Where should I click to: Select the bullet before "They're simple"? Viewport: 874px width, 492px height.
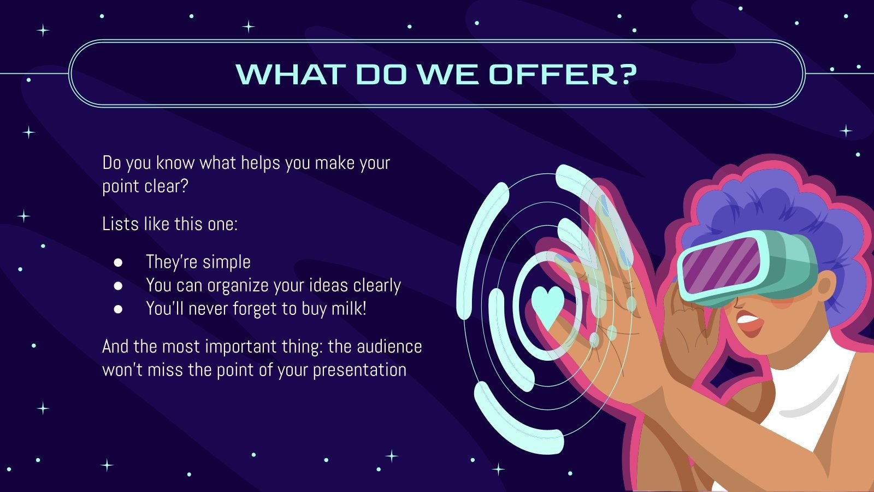118,262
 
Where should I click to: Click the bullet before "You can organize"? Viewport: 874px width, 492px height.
118,285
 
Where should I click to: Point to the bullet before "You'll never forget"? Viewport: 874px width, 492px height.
118,309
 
